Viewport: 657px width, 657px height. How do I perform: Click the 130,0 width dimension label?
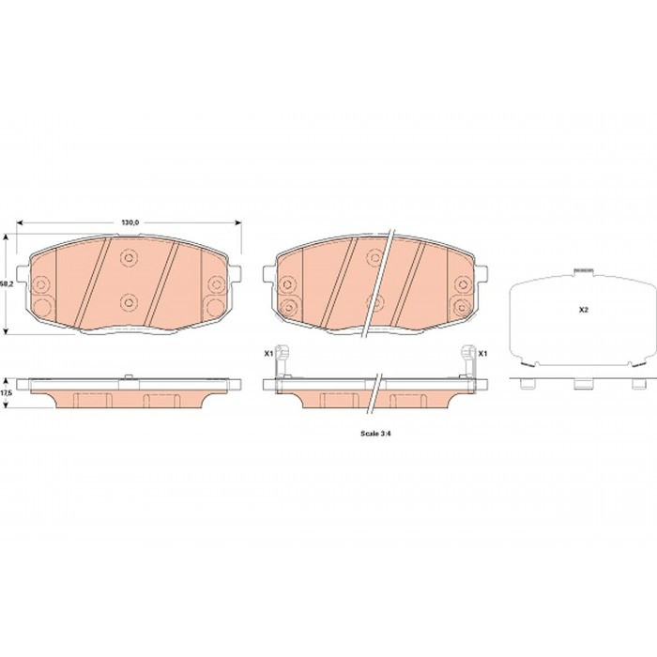[x=130, y=223]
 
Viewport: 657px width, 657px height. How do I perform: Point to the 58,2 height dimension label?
[x=4, y=283]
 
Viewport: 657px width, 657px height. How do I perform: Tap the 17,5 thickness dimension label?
[x=5, y=394]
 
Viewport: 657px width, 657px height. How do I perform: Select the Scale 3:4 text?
[x=375, y=434]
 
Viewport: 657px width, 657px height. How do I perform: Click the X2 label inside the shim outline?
[x=583, y=310]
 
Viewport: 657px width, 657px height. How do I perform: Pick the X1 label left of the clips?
[x=268, y=354]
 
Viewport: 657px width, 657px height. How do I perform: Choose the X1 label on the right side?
[x=483, y=354]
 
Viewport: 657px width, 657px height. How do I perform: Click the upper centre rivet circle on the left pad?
[x=129, y=258]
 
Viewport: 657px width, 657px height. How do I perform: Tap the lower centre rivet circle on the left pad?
[x=129, y=301]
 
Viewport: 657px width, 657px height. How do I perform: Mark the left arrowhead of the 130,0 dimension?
[x=20, y=223]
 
